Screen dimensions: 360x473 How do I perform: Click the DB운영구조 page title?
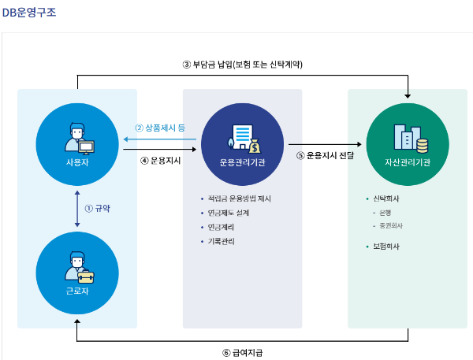(x=28, y=13)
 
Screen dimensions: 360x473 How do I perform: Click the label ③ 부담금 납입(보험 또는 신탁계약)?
(x=243, y=64)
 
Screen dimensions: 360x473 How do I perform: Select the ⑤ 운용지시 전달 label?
(x=326, y=155)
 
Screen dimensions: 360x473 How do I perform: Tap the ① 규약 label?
(x=98, y=209)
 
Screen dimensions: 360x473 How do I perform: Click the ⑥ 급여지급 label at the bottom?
(x=243, y=352)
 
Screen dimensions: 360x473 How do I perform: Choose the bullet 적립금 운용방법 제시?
(x=246, y=199)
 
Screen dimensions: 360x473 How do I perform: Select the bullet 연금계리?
(x=222, y=227)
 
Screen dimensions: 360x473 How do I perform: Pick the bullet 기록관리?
(x=222, y=241)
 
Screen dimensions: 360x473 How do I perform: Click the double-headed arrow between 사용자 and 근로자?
(x=76, y=209)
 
